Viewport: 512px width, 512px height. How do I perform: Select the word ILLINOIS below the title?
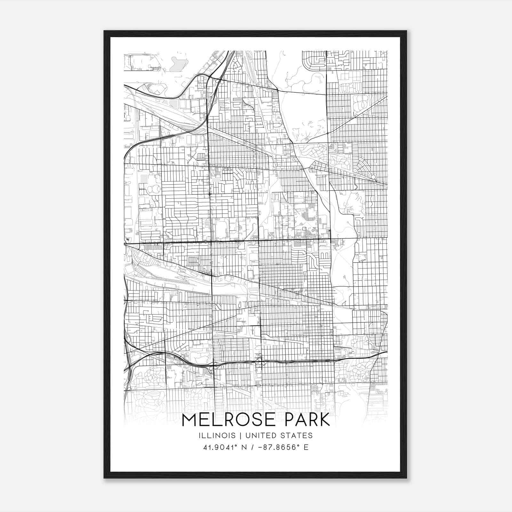217,436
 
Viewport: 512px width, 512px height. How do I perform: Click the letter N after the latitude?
244,447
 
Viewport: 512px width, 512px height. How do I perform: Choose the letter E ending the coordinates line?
306,447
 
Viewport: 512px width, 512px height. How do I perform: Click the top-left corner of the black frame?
104,31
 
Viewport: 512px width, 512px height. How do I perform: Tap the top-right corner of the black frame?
406,31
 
